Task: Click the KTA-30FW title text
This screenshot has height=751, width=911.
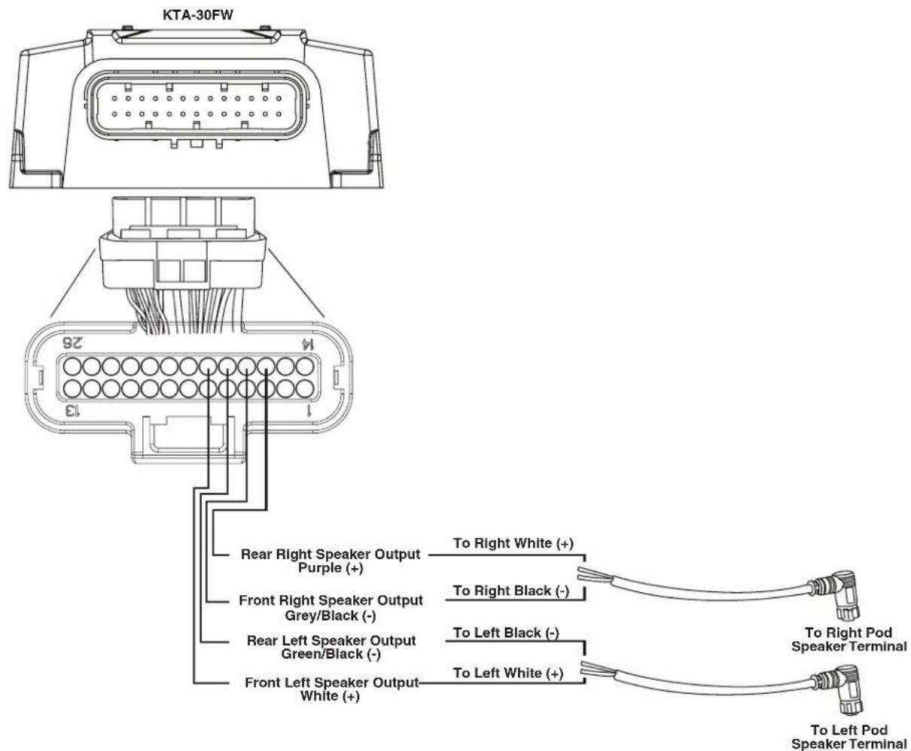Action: click(x=198, y=15)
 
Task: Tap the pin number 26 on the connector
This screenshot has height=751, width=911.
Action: click(x=72, y=342)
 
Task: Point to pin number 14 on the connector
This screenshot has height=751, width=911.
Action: click(x=307, y=344)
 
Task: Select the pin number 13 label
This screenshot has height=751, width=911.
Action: click(x=72, y=410)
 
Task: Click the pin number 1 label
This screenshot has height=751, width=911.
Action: click(x=309, y=410)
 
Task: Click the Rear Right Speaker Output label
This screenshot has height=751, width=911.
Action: click(x=331, y=554)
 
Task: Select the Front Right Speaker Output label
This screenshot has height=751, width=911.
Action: click(x=331, y=600)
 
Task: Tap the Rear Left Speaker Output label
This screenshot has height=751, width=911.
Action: click(x=331, y=640)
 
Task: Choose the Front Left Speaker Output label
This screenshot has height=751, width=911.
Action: click(x=331, y=682)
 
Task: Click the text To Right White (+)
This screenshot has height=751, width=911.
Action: click(x=513, y=543)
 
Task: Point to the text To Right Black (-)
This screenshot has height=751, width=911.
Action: click(x=511, y=591)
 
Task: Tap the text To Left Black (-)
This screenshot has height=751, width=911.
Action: click(x=506, y=632)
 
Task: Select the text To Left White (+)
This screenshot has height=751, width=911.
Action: click(x=508, y=673)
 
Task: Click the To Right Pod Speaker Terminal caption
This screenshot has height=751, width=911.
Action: click(x=849, y=639)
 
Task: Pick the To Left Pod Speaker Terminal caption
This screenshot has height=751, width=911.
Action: click(x=849, y=737)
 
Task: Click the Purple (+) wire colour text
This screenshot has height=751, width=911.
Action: click(x=331, y=568)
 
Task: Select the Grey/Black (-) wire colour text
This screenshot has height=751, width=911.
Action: click(x=331, y=616)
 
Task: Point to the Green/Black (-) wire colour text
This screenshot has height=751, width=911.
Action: click(x=331, y=654)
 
